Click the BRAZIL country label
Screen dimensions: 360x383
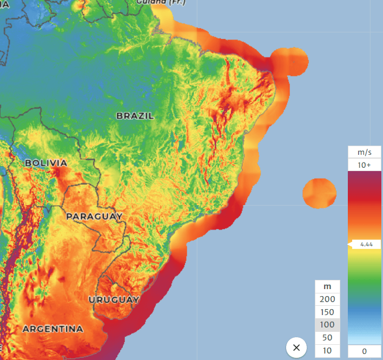(135, 116)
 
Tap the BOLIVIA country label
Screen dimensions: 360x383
(46, 163)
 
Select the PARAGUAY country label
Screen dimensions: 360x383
(94, 217)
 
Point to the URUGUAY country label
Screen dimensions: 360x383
(114, 300)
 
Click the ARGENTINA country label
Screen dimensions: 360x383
(53, 329)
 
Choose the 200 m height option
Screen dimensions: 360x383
(327, 299)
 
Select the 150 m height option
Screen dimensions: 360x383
(327, 312)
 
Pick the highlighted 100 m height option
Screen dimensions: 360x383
(327, 325)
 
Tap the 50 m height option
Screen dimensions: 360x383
(327, 338)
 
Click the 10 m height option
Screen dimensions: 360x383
(327, 351)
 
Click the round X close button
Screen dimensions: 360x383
(296, 348)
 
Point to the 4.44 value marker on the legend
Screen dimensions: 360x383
(366, 245)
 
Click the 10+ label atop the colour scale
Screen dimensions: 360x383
(365, 165)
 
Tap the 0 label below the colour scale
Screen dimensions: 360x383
(364, 351)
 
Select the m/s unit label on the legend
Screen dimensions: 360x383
(365, 152)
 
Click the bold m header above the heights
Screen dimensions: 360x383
(327, 286)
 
